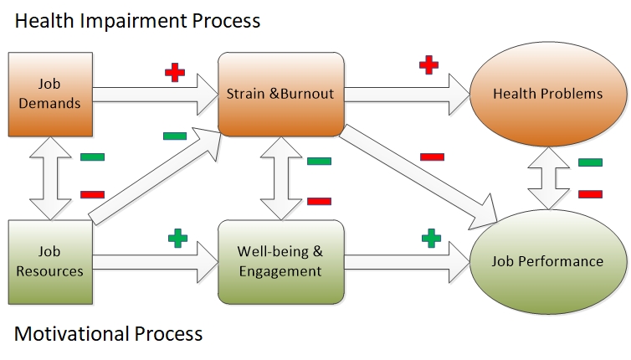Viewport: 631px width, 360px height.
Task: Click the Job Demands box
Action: tap(50, 95)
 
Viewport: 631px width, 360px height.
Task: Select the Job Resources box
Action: tap(50, 262)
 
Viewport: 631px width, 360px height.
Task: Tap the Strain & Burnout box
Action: tap(281, 95)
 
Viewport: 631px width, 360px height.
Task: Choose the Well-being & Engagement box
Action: tap(281, 262)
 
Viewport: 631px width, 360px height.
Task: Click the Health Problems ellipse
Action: tap(548, 94)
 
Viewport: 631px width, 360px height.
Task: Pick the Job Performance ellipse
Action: tap(548, 262)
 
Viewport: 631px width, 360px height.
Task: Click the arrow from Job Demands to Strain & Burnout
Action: tap(156, 95)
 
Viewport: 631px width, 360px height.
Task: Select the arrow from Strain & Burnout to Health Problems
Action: tap(408, 95)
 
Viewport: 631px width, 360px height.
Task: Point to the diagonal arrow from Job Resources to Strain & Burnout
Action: tap(155, 176)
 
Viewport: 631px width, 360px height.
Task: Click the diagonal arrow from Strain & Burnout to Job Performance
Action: tap(418, 177)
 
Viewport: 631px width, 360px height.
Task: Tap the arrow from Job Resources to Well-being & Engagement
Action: tap(156, 262)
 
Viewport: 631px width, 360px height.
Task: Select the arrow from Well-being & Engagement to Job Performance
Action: tap(408, 262)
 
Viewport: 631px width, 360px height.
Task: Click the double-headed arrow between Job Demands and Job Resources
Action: tap(50, 178)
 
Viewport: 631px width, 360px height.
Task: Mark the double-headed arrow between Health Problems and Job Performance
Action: tap(548, 178)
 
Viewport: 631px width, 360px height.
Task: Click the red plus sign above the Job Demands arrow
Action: tap(175, 73)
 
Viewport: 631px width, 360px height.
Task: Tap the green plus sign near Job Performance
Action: tap(431, 238)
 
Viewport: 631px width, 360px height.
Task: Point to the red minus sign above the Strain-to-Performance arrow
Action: tap(432, 157)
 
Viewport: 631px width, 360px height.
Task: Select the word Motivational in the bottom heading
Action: tap(72, 333)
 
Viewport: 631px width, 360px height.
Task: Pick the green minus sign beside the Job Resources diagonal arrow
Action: tap(175, 136)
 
